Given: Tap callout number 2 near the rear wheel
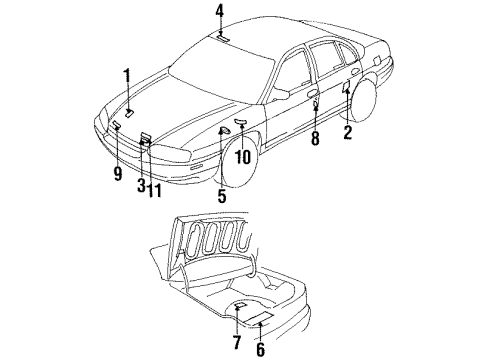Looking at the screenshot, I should [348, 133].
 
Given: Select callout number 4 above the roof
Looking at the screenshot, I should [219, 13].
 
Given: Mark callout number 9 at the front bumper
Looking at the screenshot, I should [117, 173].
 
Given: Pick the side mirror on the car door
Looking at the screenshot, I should [281, 94].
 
